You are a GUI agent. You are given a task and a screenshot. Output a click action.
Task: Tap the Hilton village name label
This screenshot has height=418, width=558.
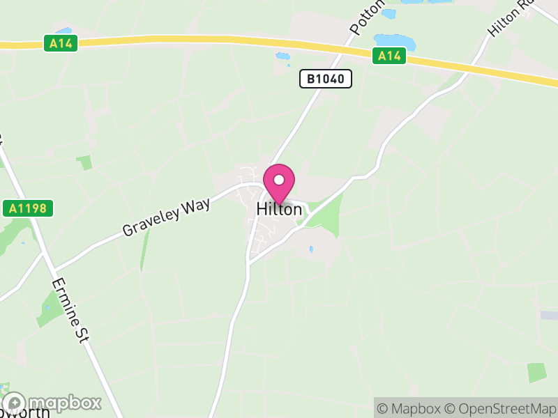tap(279, 208)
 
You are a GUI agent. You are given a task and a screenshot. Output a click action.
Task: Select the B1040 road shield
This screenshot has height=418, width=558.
tap(326, 79)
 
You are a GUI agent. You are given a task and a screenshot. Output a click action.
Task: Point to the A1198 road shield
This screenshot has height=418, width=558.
tap(27, 208)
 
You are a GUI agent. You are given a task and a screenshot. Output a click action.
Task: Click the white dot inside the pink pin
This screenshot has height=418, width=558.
tap(279, 180)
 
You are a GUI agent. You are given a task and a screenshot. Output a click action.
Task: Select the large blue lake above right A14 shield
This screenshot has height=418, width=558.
tap(395, 41)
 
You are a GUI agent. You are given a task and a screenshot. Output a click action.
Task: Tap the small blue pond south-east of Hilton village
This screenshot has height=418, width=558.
tap(311, 249)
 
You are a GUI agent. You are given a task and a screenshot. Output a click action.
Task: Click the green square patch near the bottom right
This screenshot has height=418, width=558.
tap(536, 372)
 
